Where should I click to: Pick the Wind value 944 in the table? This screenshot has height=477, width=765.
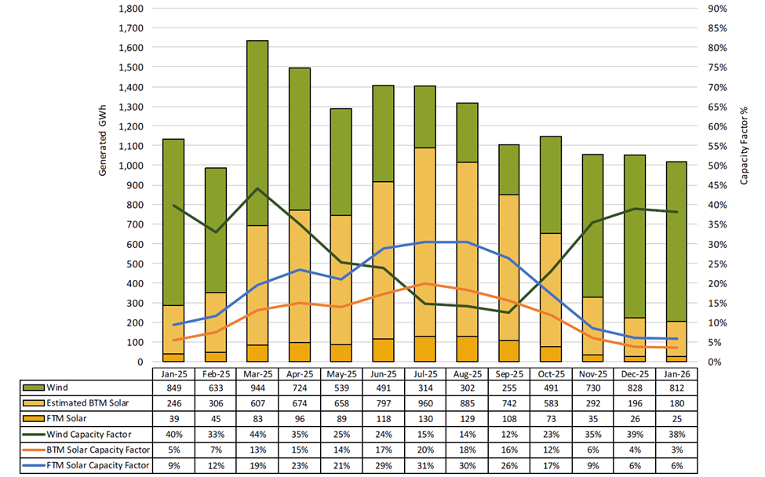(257, 387)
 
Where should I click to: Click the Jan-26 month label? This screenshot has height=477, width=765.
(676, 372)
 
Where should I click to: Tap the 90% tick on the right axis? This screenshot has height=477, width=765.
(719, 9)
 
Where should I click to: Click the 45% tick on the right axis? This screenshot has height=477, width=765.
(719, 185)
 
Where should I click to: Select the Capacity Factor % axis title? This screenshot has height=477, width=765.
(744, 146)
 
